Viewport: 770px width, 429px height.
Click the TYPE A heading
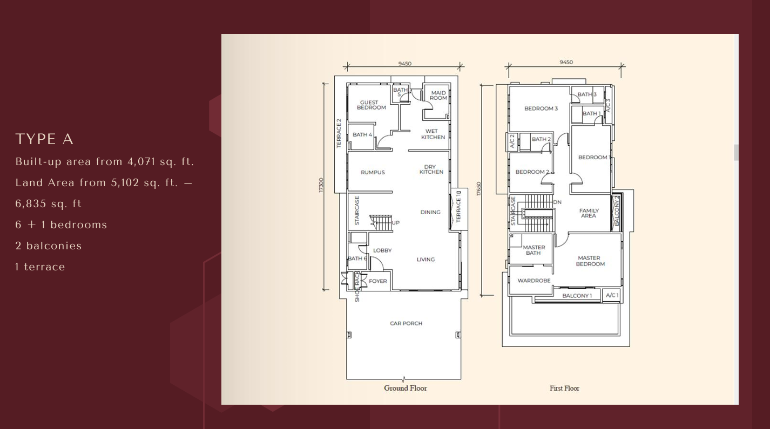(x=44, y=139)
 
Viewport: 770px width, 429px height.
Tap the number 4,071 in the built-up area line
(x=141, y=161)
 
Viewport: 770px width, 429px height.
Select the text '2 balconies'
(x=49, y=246)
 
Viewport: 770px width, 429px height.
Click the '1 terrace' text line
(x=40, y=267)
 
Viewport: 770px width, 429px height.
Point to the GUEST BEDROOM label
(x=371, y=105)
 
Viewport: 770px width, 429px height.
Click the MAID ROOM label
(x=438, y=96)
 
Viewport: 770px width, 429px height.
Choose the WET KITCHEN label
(x=433, y=134)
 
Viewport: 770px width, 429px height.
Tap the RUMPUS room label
(x=373, y=173)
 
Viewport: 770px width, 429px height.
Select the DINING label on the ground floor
(x=430, y=212)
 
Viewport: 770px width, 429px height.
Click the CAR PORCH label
(x=406, y=323)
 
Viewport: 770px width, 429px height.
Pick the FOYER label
(x=377, y=281)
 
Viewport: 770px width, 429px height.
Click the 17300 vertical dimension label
(x=321, y=186)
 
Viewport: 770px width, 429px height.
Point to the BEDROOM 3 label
(x=541, y=108)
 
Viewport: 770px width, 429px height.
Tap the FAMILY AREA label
(x=589, y=213)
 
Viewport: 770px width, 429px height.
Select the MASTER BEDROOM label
(x=590, y=261)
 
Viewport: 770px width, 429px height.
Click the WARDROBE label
(x=533, y=281)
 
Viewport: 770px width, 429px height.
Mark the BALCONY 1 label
(x=577, y=296)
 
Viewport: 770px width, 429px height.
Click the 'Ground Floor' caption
(x=406, y=388)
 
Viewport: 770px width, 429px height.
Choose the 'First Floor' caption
(x=564, y=388)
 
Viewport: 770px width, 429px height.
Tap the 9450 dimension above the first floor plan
(x=566, y=63)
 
